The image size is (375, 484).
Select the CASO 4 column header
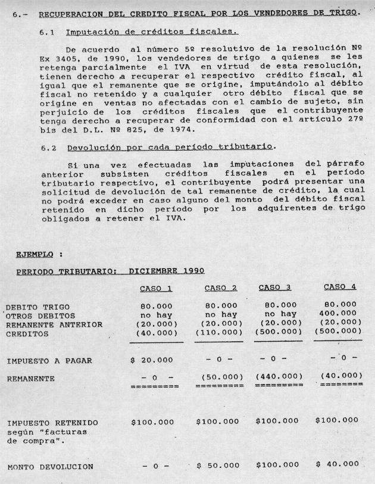pos(339,287)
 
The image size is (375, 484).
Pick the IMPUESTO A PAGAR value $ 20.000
pos(152,360)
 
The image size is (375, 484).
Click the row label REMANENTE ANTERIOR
pos(54,325)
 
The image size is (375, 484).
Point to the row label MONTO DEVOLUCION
pos(50,467)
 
